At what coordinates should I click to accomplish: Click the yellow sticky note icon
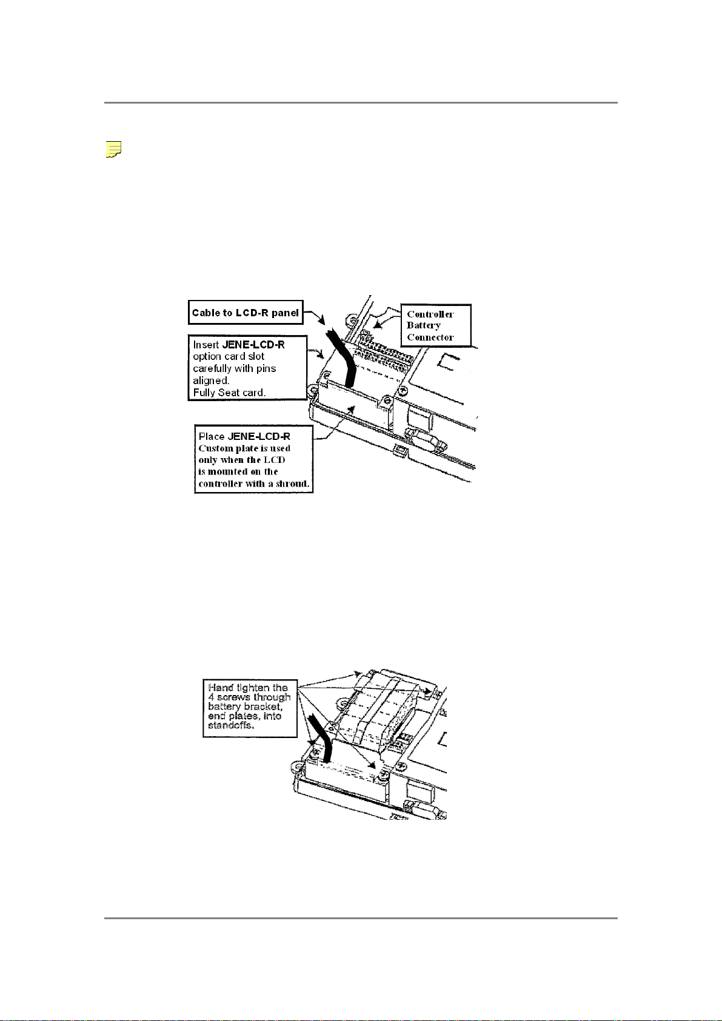coord(113,149)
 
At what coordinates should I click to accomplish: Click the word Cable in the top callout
coord(206,313)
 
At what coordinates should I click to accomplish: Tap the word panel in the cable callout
coord(285,313)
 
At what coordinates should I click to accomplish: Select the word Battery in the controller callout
coord(423,325)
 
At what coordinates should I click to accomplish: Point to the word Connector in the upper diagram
coord(430,338)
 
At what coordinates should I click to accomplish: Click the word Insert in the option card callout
coord(206,345)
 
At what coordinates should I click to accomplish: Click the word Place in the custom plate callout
coord(212,436)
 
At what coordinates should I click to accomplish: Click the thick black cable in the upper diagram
coord(342,358)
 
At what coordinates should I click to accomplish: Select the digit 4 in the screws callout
coord(211,697)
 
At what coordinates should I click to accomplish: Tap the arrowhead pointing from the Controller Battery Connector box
coord(376,325)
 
